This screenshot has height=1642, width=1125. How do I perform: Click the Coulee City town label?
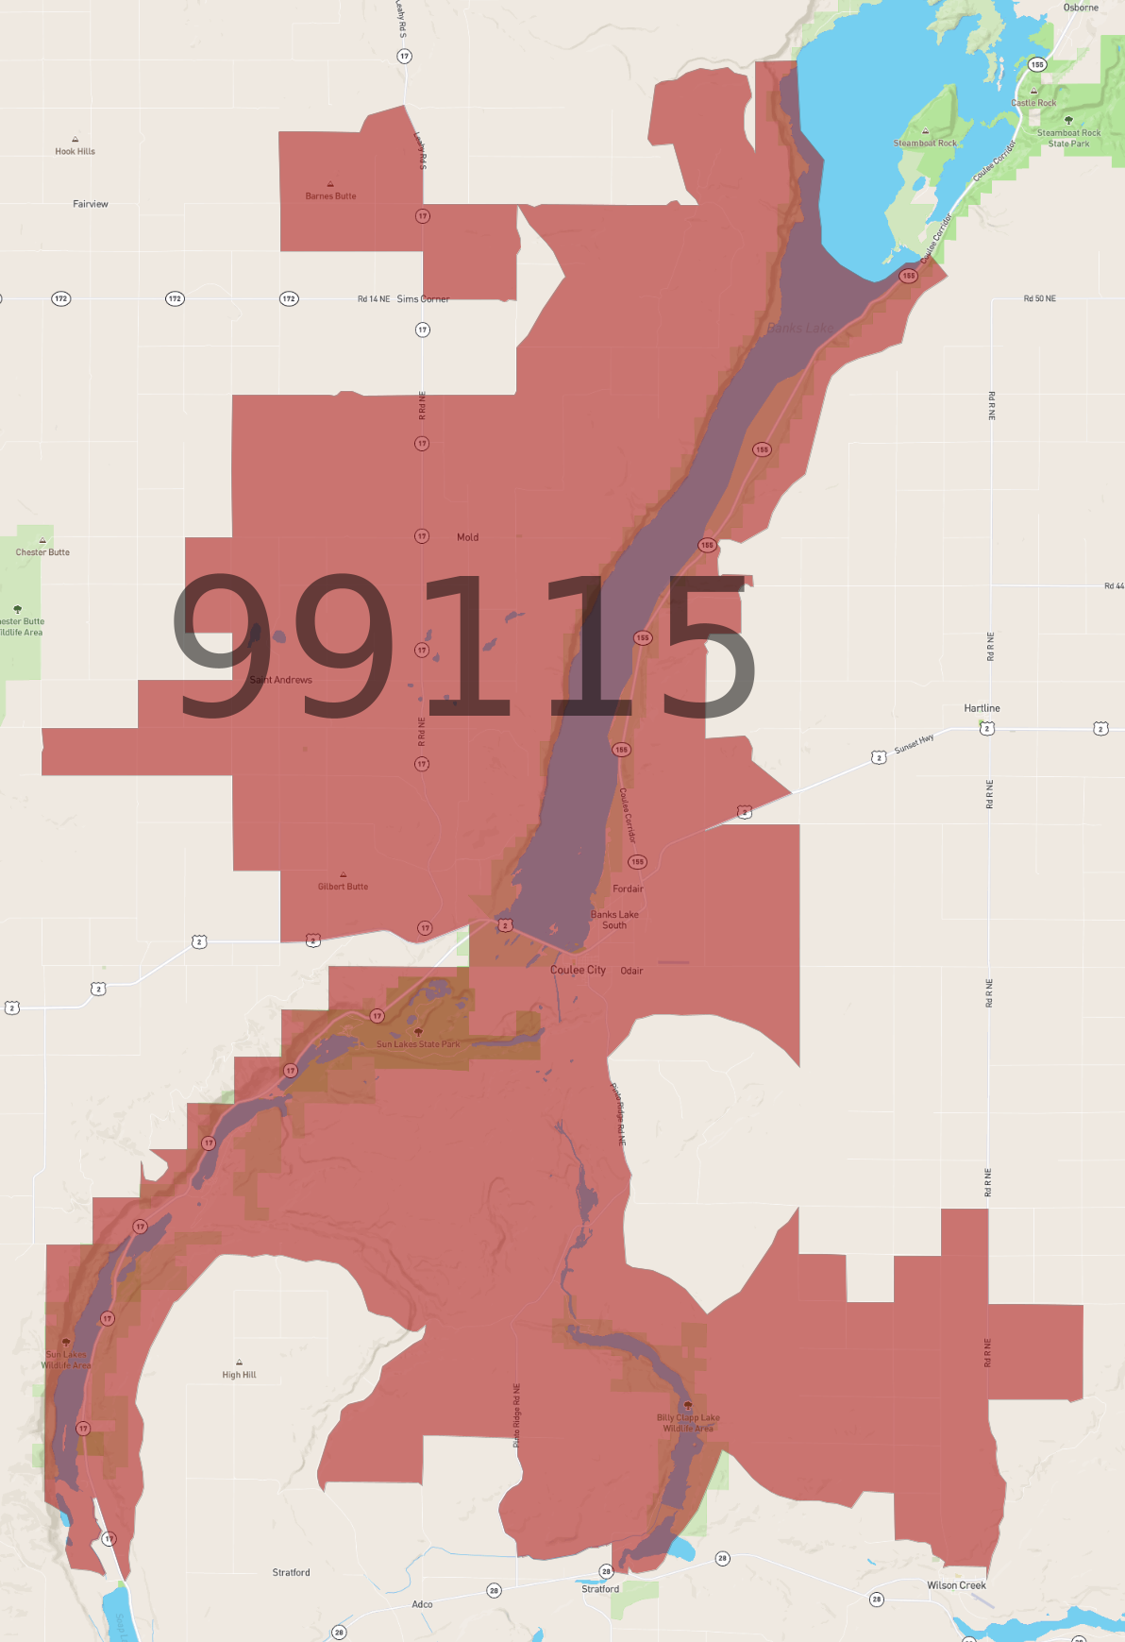(x=578, y=970)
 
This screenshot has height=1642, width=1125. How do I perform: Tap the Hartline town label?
(x=982, y=708)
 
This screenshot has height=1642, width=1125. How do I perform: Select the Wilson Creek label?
(x=956, y=1585)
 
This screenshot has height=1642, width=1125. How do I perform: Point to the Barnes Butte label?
(x=330, y=196)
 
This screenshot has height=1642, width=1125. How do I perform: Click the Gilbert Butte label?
(x=343, y=887)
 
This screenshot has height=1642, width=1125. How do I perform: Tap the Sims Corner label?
(x=423, y=299)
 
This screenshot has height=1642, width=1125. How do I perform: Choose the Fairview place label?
(x=91, y=204)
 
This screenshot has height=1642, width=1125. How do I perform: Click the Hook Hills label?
(x=75, y=151)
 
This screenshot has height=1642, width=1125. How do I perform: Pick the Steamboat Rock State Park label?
(x=1068, y=139)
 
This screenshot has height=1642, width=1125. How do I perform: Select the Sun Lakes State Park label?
(x=418, y=1044)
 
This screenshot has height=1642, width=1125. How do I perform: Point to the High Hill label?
(x=239, y=1375)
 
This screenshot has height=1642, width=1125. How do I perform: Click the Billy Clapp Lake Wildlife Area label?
(x=688, y=1423)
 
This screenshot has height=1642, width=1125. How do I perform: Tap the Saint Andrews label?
(x=280, y=680)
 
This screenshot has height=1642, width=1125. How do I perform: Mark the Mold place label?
(x=467, y=537)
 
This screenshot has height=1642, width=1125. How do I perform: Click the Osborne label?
(x=1081, y=8)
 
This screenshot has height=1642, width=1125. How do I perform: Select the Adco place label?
(x=422, y=1604)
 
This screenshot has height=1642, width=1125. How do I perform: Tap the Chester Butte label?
(x=42, y=552)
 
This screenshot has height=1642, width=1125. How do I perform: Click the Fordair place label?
(x=628, y=889)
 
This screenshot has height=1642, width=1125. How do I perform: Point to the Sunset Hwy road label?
(x=914, y=744)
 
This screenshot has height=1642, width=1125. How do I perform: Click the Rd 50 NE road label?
(x=1039, y=298)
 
